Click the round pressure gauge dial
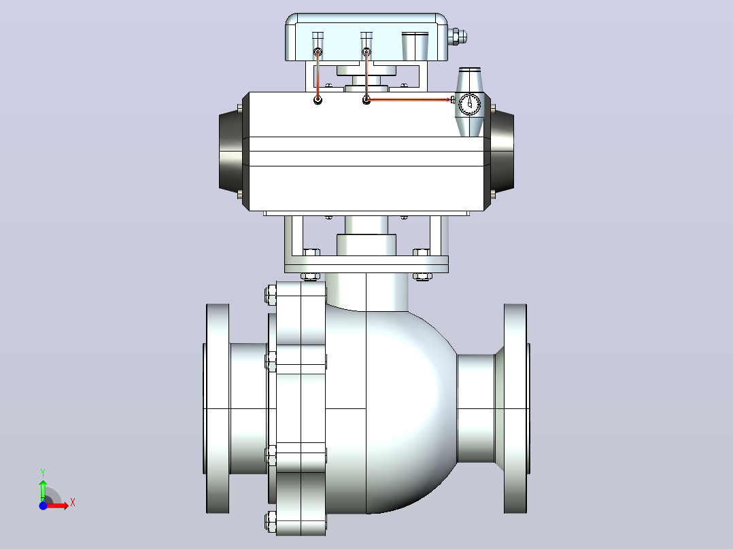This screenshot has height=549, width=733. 469,104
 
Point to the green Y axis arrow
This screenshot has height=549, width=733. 43,490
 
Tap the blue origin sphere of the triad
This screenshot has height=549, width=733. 43,506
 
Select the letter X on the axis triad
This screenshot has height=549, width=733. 73,503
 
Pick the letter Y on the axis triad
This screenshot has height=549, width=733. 43,473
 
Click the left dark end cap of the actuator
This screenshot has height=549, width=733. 231,151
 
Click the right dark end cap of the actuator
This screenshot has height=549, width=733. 502,151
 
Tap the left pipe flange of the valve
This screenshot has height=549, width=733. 217,409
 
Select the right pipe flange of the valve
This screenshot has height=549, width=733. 516,409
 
